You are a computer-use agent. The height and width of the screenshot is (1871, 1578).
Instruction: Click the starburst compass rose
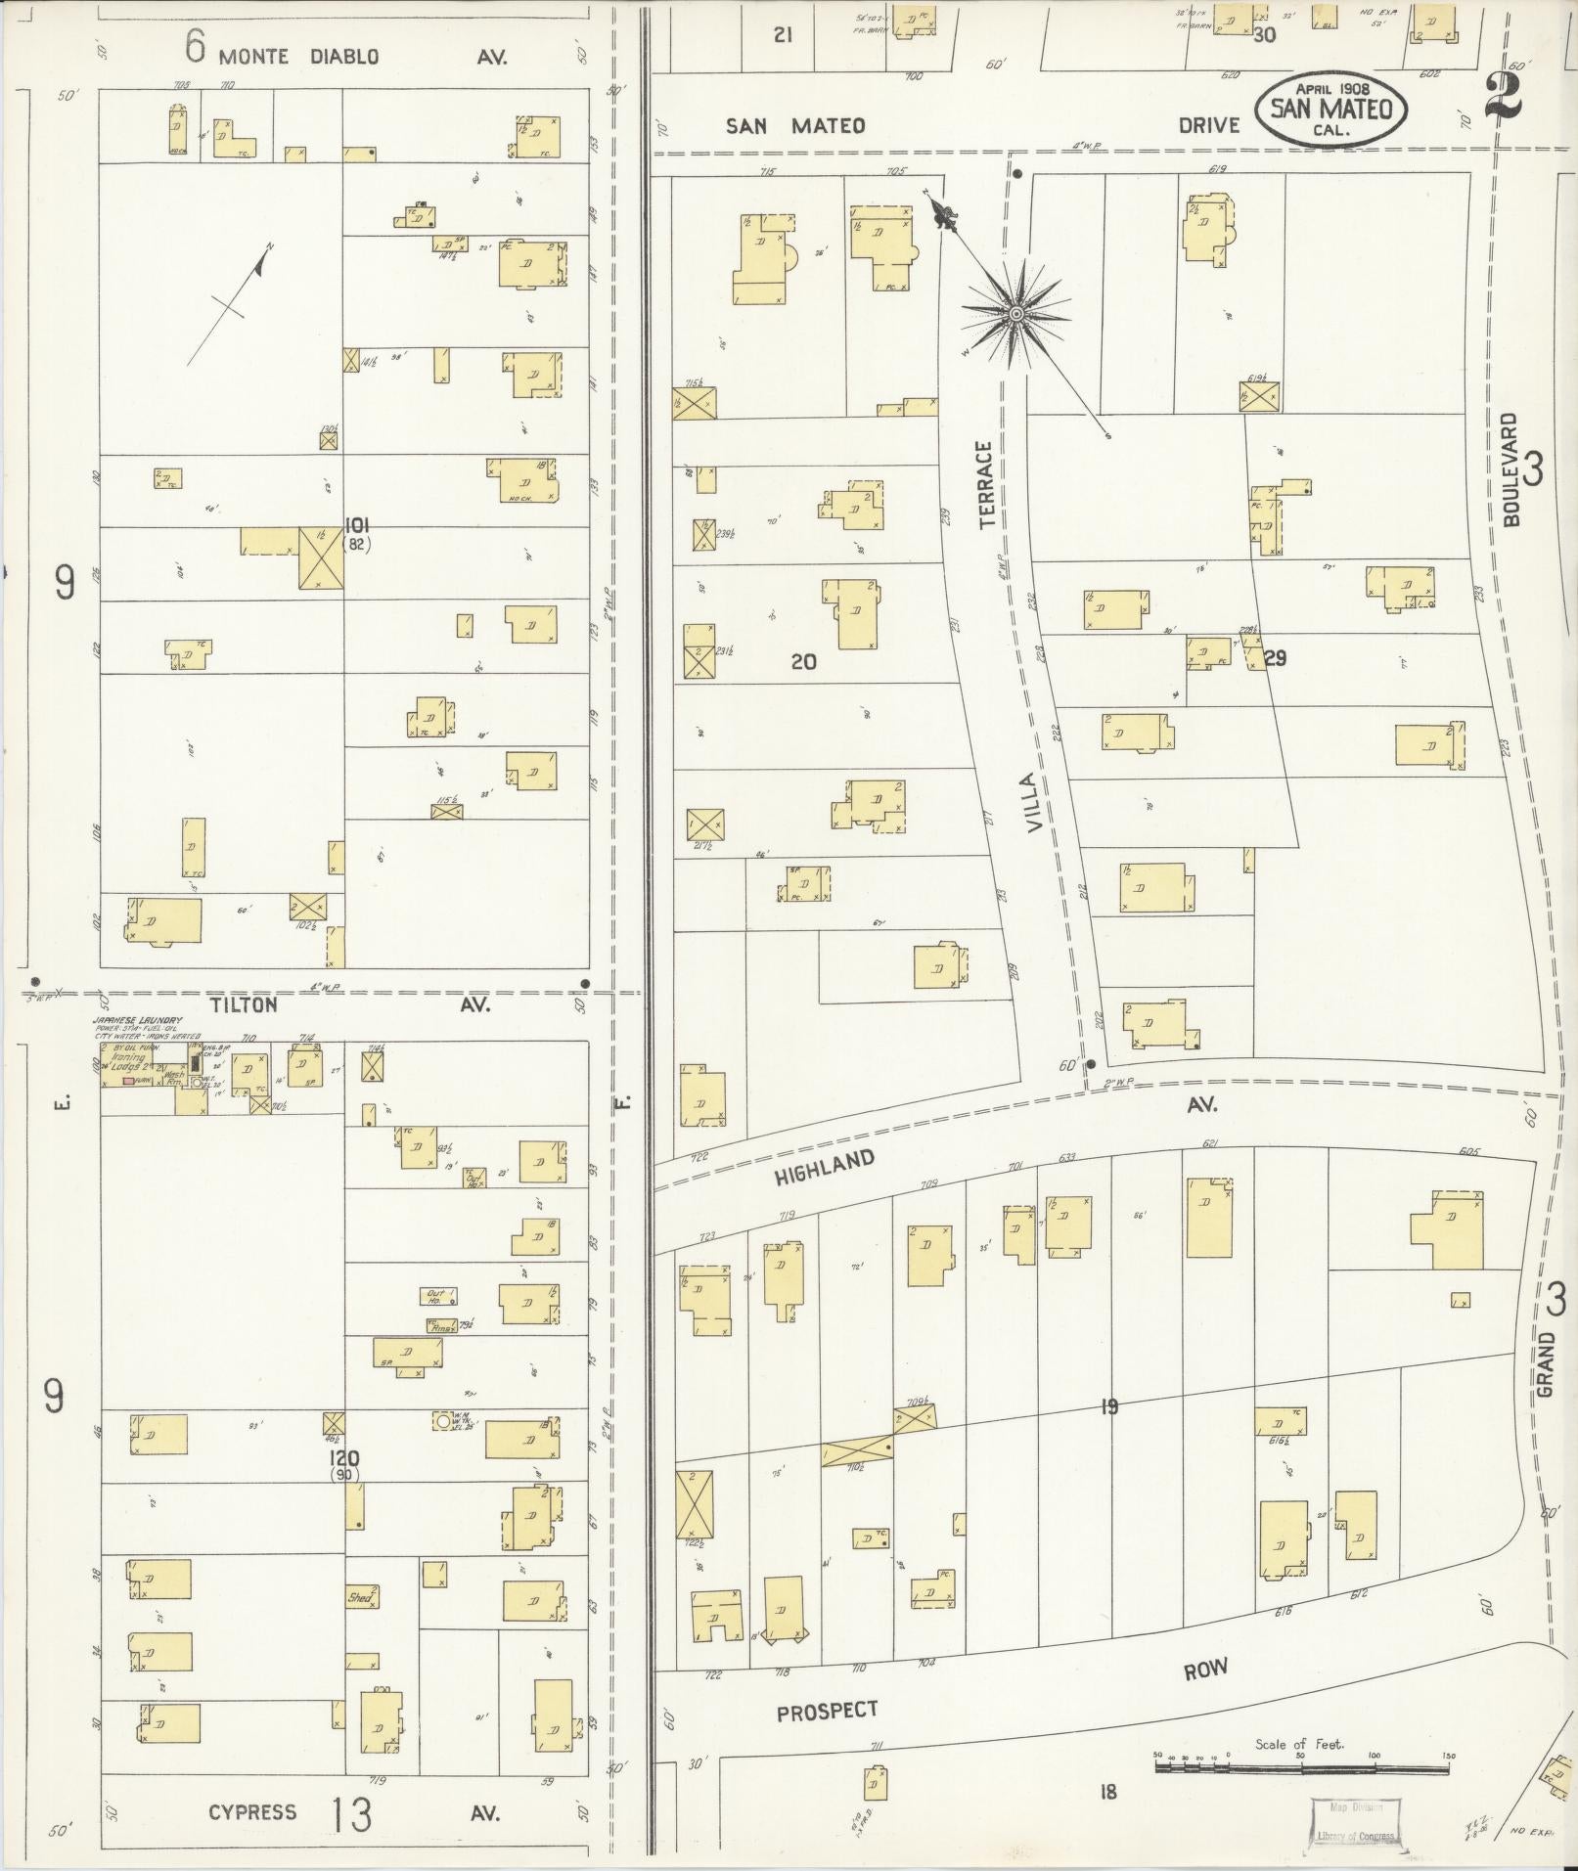(x=1015, y=313)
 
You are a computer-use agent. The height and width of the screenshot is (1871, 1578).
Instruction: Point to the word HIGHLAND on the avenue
(x=824, y=1168)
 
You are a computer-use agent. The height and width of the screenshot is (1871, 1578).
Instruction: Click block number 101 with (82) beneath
(x=356, y=535)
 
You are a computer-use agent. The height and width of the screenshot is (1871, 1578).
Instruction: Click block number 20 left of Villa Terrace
(x=803, y=662)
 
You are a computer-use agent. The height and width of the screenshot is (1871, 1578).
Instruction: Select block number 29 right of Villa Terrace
(x=1274, y=658)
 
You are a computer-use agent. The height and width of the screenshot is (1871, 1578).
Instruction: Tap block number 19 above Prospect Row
(x=1108, y=1407)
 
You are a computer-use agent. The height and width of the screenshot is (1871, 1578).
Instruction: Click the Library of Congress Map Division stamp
(x=1355, y=1822)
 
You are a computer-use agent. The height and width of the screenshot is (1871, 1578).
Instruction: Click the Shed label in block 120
(x=360, y=1597)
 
